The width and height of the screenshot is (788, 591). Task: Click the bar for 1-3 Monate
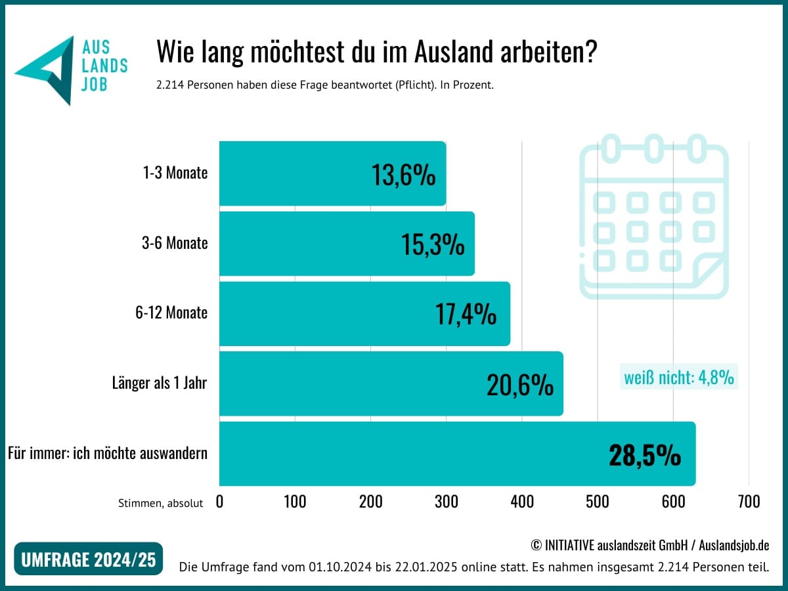pos(295,174)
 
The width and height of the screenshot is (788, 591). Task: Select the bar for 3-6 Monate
pos(309,244)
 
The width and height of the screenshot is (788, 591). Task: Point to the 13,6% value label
pos(403,175)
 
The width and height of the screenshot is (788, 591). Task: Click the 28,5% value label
pos(644,455)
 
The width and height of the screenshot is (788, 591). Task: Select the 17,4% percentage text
pos(466,315)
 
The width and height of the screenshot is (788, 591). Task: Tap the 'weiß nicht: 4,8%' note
pos(679,378)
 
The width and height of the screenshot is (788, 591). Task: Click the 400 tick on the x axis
pos(522,502)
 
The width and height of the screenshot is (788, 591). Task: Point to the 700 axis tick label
pos(749,502)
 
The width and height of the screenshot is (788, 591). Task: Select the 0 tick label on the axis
pos(219,502)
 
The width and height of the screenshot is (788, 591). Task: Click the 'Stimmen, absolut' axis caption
pos(160,503)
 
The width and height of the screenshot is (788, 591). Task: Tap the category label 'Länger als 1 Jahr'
pos(160,383)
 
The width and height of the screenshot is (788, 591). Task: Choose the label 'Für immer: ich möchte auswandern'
pos(108,453)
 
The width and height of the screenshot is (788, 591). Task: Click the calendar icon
pos(654,217)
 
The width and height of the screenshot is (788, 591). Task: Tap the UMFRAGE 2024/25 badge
pos(89,559)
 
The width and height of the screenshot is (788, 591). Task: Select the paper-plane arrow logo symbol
pos(47,69)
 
